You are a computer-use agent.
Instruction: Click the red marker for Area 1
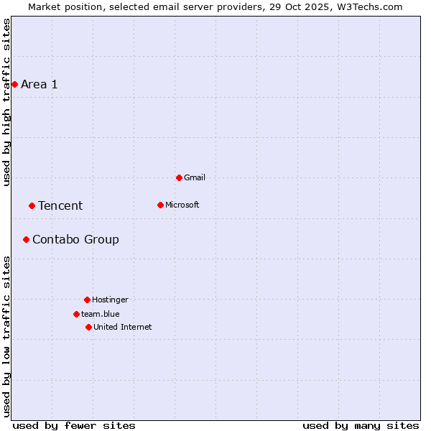(14, 84)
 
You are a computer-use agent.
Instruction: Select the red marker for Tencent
(32, 205)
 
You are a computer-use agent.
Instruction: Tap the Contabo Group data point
(26, 239)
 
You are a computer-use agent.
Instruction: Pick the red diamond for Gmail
(179, 177)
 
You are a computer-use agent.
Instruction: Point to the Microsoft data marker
(160, 205)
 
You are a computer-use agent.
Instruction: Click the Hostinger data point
(87, 300)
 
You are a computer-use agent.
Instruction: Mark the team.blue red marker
(76, 314)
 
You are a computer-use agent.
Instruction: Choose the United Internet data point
(88, 327)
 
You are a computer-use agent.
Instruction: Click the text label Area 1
(40, 85)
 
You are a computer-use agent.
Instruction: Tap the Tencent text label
(60, 206)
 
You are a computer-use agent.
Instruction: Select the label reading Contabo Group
(75, 240)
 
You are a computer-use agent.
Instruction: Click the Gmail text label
(195, 178)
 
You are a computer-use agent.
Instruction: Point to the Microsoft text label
(182, 205)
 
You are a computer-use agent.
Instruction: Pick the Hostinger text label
(110, 300)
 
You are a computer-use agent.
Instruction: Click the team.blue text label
(101, 315)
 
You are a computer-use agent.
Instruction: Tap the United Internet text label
(123, 328)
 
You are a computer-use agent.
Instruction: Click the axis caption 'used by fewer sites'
(74, 425)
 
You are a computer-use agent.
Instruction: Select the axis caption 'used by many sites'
(361, 425)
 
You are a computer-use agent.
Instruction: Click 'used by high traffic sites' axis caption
(7, 102)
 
